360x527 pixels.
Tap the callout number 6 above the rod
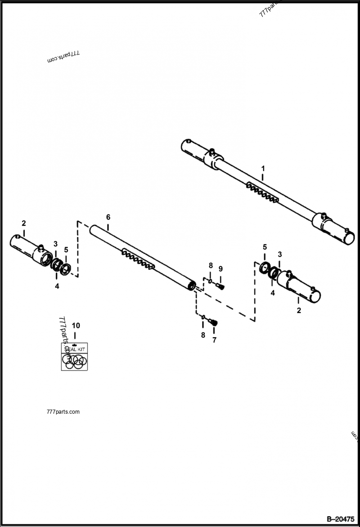[x=108, y=217]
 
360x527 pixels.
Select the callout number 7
[x=214, y=340]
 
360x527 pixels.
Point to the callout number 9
[x=220, y=269]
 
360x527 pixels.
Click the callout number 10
[x=75, y=325]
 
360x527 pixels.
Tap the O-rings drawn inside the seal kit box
[x=74, y=362]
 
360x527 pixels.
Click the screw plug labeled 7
[x=214, y=322]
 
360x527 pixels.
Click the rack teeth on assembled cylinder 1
[x=263, y=193]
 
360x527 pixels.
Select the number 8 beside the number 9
[x=211, y=266]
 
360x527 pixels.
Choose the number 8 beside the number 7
[x=203, y=335]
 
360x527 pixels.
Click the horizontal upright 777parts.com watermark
[x=63, y=412]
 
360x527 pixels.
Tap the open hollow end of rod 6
[x=192, y=286]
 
